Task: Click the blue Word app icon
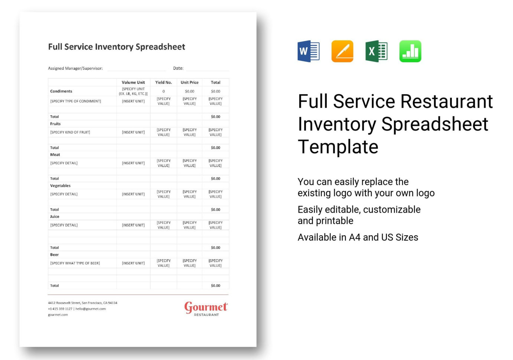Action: click(308, 51)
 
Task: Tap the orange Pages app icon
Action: click(342, 51)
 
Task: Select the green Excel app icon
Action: click(376, 51)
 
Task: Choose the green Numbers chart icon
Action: click(410, 51)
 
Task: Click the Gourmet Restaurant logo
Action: click(206, 309)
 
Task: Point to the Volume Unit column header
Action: click(133, 82)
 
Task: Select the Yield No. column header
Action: click(163, 82)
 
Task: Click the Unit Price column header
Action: click(189, 82)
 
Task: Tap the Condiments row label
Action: click(61, 91)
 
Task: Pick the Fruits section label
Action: click(55, 124)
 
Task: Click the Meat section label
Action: click(55, 155)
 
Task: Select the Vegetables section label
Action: click(60, 186)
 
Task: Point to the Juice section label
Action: click(55, 217)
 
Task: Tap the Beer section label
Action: click(55, 255)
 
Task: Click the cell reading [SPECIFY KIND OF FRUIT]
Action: click(70, 132)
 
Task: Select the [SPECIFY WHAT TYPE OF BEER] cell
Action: click(75, 264)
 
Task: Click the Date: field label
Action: click(178, 68)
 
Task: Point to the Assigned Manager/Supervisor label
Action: click(75, 68)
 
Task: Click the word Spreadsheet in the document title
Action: click(160, 47)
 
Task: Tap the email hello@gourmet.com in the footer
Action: click(91, 309)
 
